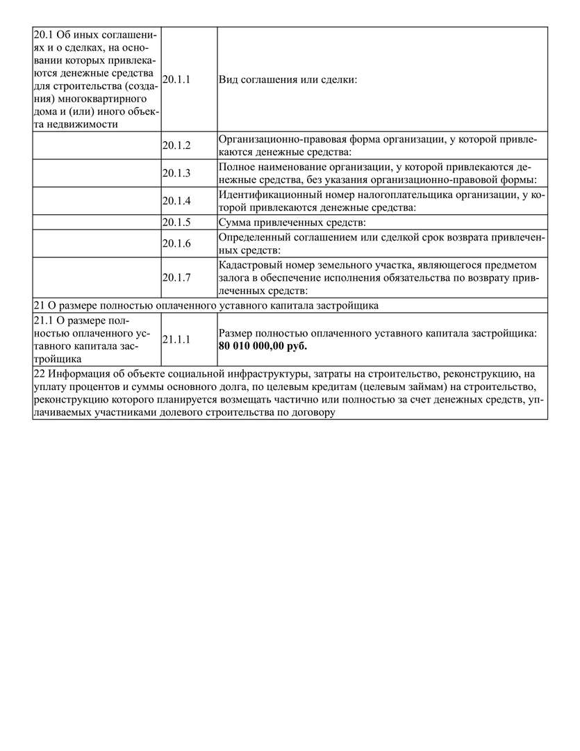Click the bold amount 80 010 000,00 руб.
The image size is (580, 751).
263,346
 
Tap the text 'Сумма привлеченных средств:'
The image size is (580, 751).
292,223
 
